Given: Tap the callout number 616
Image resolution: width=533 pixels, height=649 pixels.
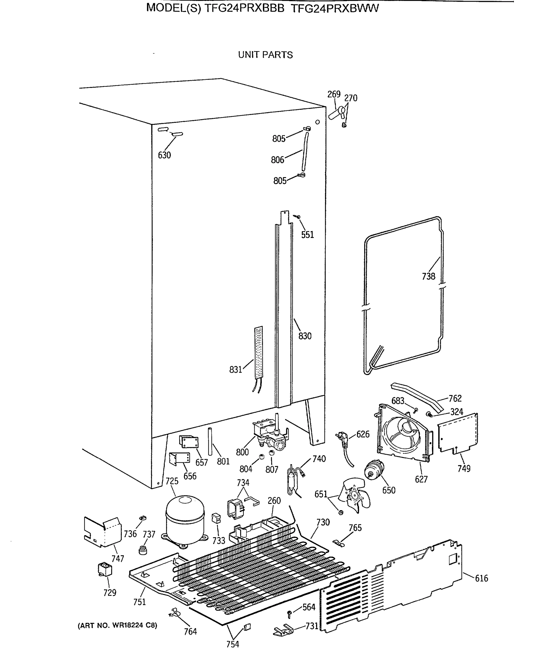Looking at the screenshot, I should click(x=481, y=578).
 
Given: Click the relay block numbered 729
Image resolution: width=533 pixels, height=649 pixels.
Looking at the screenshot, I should click(x=105, y=569).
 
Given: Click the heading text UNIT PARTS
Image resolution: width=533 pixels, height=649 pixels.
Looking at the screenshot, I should click(x=265, y=55).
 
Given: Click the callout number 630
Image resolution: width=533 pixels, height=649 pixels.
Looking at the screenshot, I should click(x=164, y=155).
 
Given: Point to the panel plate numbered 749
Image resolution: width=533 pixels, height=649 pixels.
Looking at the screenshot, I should click(x=457, y=433).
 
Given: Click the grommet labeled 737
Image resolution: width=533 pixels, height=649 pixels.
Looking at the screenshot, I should click(x=143, y=550).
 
